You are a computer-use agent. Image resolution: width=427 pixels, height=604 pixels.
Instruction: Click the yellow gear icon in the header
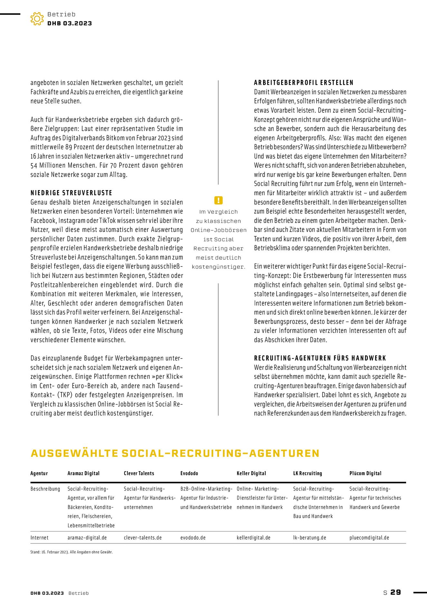click(37, 19)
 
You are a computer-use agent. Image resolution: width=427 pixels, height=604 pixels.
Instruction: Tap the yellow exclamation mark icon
click(218, 200)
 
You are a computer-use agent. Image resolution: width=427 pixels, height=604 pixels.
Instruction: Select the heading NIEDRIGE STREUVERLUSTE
click(71, 193)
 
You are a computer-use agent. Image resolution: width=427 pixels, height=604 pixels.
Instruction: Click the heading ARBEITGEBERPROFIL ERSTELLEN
click(304, 83)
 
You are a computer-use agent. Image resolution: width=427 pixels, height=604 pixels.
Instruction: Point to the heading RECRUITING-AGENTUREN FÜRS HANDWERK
click(320, 358)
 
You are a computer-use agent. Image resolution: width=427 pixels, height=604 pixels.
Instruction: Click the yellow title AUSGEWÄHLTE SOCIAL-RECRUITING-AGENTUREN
click(175, 453)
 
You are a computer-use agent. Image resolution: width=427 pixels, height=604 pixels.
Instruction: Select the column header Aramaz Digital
click(83, 473)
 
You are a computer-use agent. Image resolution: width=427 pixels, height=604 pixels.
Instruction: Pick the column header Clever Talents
click(139, 473)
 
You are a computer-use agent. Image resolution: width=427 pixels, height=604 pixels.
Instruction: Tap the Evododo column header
click(189, 473)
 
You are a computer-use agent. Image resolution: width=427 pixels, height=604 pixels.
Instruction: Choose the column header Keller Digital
click(251, 473)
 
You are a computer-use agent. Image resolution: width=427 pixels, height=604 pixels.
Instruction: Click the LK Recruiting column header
click(307, 473)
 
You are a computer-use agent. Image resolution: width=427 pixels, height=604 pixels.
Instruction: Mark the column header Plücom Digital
click(365, 473)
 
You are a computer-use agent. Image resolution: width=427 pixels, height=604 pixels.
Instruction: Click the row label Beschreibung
click(45, 489)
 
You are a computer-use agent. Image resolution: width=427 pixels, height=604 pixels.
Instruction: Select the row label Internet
click(39, 538)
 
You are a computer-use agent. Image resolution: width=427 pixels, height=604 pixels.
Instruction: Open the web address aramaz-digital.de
click(87, 538)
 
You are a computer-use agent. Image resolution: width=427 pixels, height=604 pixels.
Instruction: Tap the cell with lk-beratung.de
click(309, 538)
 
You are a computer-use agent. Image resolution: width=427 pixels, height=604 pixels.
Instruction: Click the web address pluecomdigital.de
click(369, 538)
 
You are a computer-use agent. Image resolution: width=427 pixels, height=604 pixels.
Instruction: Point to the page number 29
click(396, 592)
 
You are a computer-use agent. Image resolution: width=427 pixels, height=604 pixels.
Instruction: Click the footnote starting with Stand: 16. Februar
click(71, 552)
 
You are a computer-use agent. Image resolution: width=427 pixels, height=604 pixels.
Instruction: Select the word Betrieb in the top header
click(61, 14)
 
